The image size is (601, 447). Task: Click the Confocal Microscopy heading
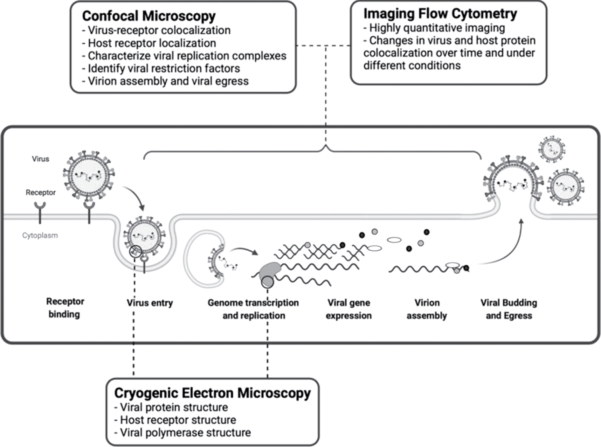149,16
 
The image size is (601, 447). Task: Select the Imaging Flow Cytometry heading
440,14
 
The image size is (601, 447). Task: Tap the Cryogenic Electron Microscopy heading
212,393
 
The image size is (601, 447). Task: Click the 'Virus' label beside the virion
40,159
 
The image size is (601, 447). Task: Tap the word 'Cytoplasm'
40,235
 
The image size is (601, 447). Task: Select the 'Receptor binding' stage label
65,308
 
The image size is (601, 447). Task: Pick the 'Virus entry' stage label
149,303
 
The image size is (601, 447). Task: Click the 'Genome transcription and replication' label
253,309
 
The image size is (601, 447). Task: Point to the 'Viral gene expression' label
349,309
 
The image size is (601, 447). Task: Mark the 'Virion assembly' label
427,309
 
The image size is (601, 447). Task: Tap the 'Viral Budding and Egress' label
508,309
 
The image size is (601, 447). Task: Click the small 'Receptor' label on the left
40,192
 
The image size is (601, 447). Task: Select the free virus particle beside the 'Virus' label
89,175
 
